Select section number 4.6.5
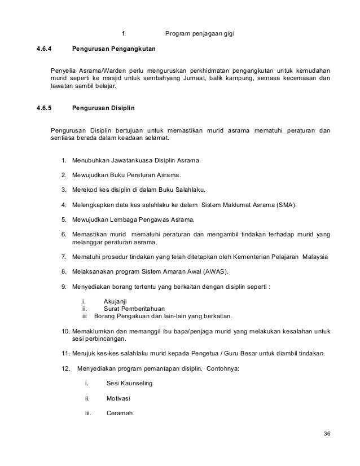tap(44, 107)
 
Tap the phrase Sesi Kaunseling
tap(129, 384)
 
